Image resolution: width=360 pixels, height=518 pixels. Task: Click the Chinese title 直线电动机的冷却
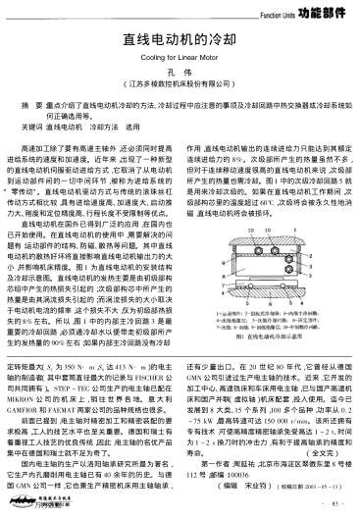click(180, 41)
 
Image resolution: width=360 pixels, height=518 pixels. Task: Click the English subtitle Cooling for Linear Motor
click(180, 59)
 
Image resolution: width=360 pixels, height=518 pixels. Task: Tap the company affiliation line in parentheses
click(180, 88)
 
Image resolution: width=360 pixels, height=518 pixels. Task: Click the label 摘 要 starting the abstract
click(41, 101)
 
